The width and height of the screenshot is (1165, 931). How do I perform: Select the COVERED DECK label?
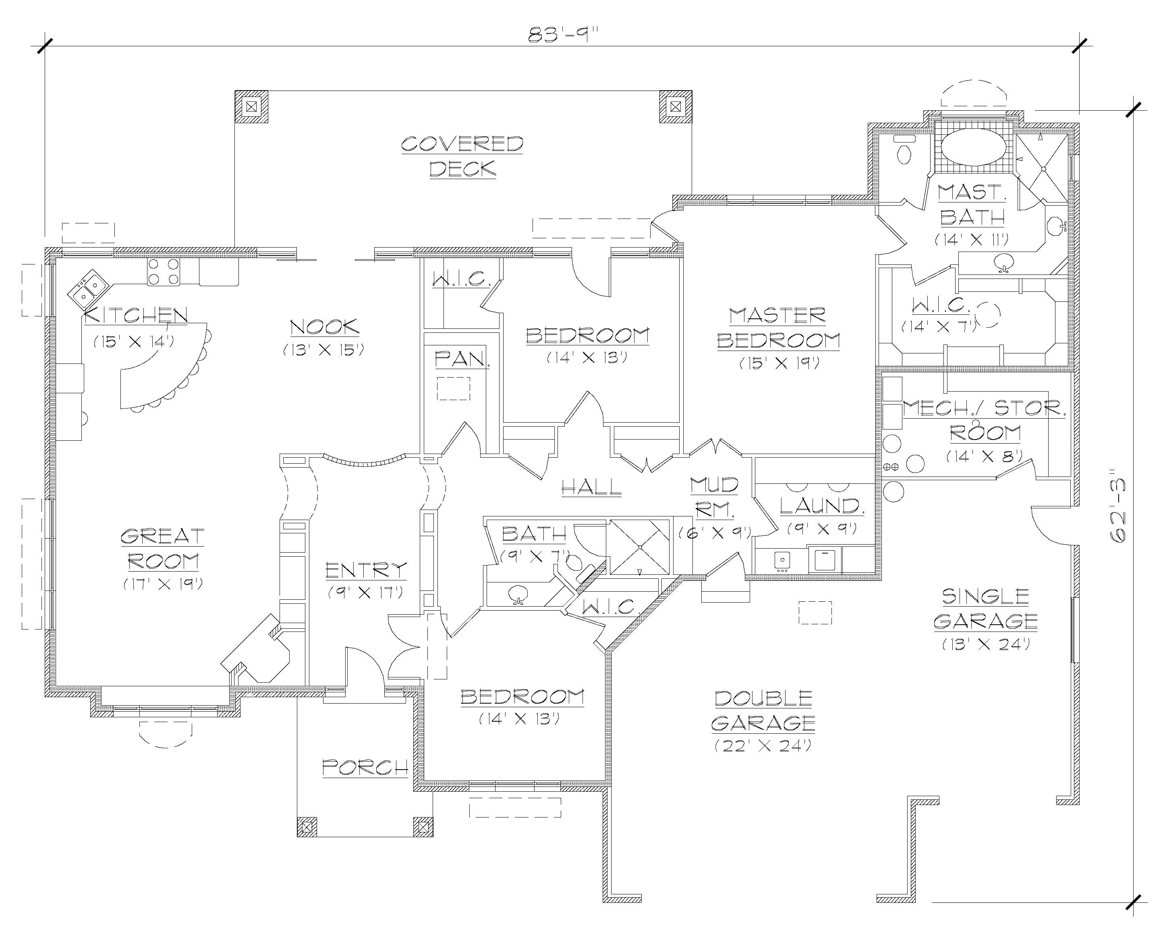pos(462,157)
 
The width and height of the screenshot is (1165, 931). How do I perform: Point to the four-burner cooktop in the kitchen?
pos(163,272)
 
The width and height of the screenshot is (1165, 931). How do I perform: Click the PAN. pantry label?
pos(462,358)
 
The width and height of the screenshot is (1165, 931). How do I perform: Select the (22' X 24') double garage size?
pos(763,746)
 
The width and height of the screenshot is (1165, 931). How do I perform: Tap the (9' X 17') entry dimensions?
pos(366,592)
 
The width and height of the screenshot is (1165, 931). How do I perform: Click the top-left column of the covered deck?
pos(251,106)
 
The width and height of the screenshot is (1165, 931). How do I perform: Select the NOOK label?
pos(324,327)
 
